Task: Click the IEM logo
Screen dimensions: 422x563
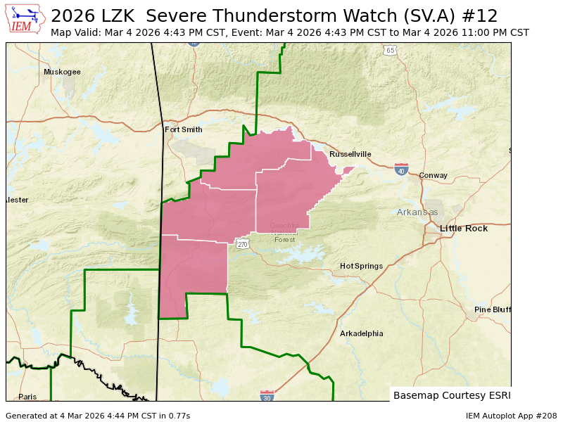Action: click(25, 19)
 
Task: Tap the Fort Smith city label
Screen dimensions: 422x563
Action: click(183, 129)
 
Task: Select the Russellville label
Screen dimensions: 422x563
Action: click(350, 154)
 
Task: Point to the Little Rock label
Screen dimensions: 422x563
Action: click(464, 229)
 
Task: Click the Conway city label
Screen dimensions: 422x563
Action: click(433, 175)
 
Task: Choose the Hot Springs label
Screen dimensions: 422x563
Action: click(361, 266)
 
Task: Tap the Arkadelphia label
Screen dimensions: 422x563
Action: click(362, 333)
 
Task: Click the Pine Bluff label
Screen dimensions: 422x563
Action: click(493, 309)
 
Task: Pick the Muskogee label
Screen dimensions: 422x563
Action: click(62, 72)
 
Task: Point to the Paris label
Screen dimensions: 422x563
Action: click(27, 397)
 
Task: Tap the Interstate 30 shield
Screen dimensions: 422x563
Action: click(267, 396)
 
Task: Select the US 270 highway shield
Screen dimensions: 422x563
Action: click(243, 244)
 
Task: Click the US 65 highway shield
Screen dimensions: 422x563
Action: click(390, 51)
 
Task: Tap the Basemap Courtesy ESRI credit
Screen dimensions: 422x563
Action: click(452, 395)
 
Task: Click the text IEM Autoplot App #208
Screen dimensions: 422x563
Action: click(511, 416)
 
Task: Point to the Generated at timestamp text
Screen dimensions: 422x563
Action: click(98, 416)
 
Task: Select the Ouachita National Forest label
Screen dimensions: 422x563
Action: click(284, 232)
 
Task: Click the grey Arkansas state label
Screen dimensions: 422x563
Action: click(417, 212)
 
